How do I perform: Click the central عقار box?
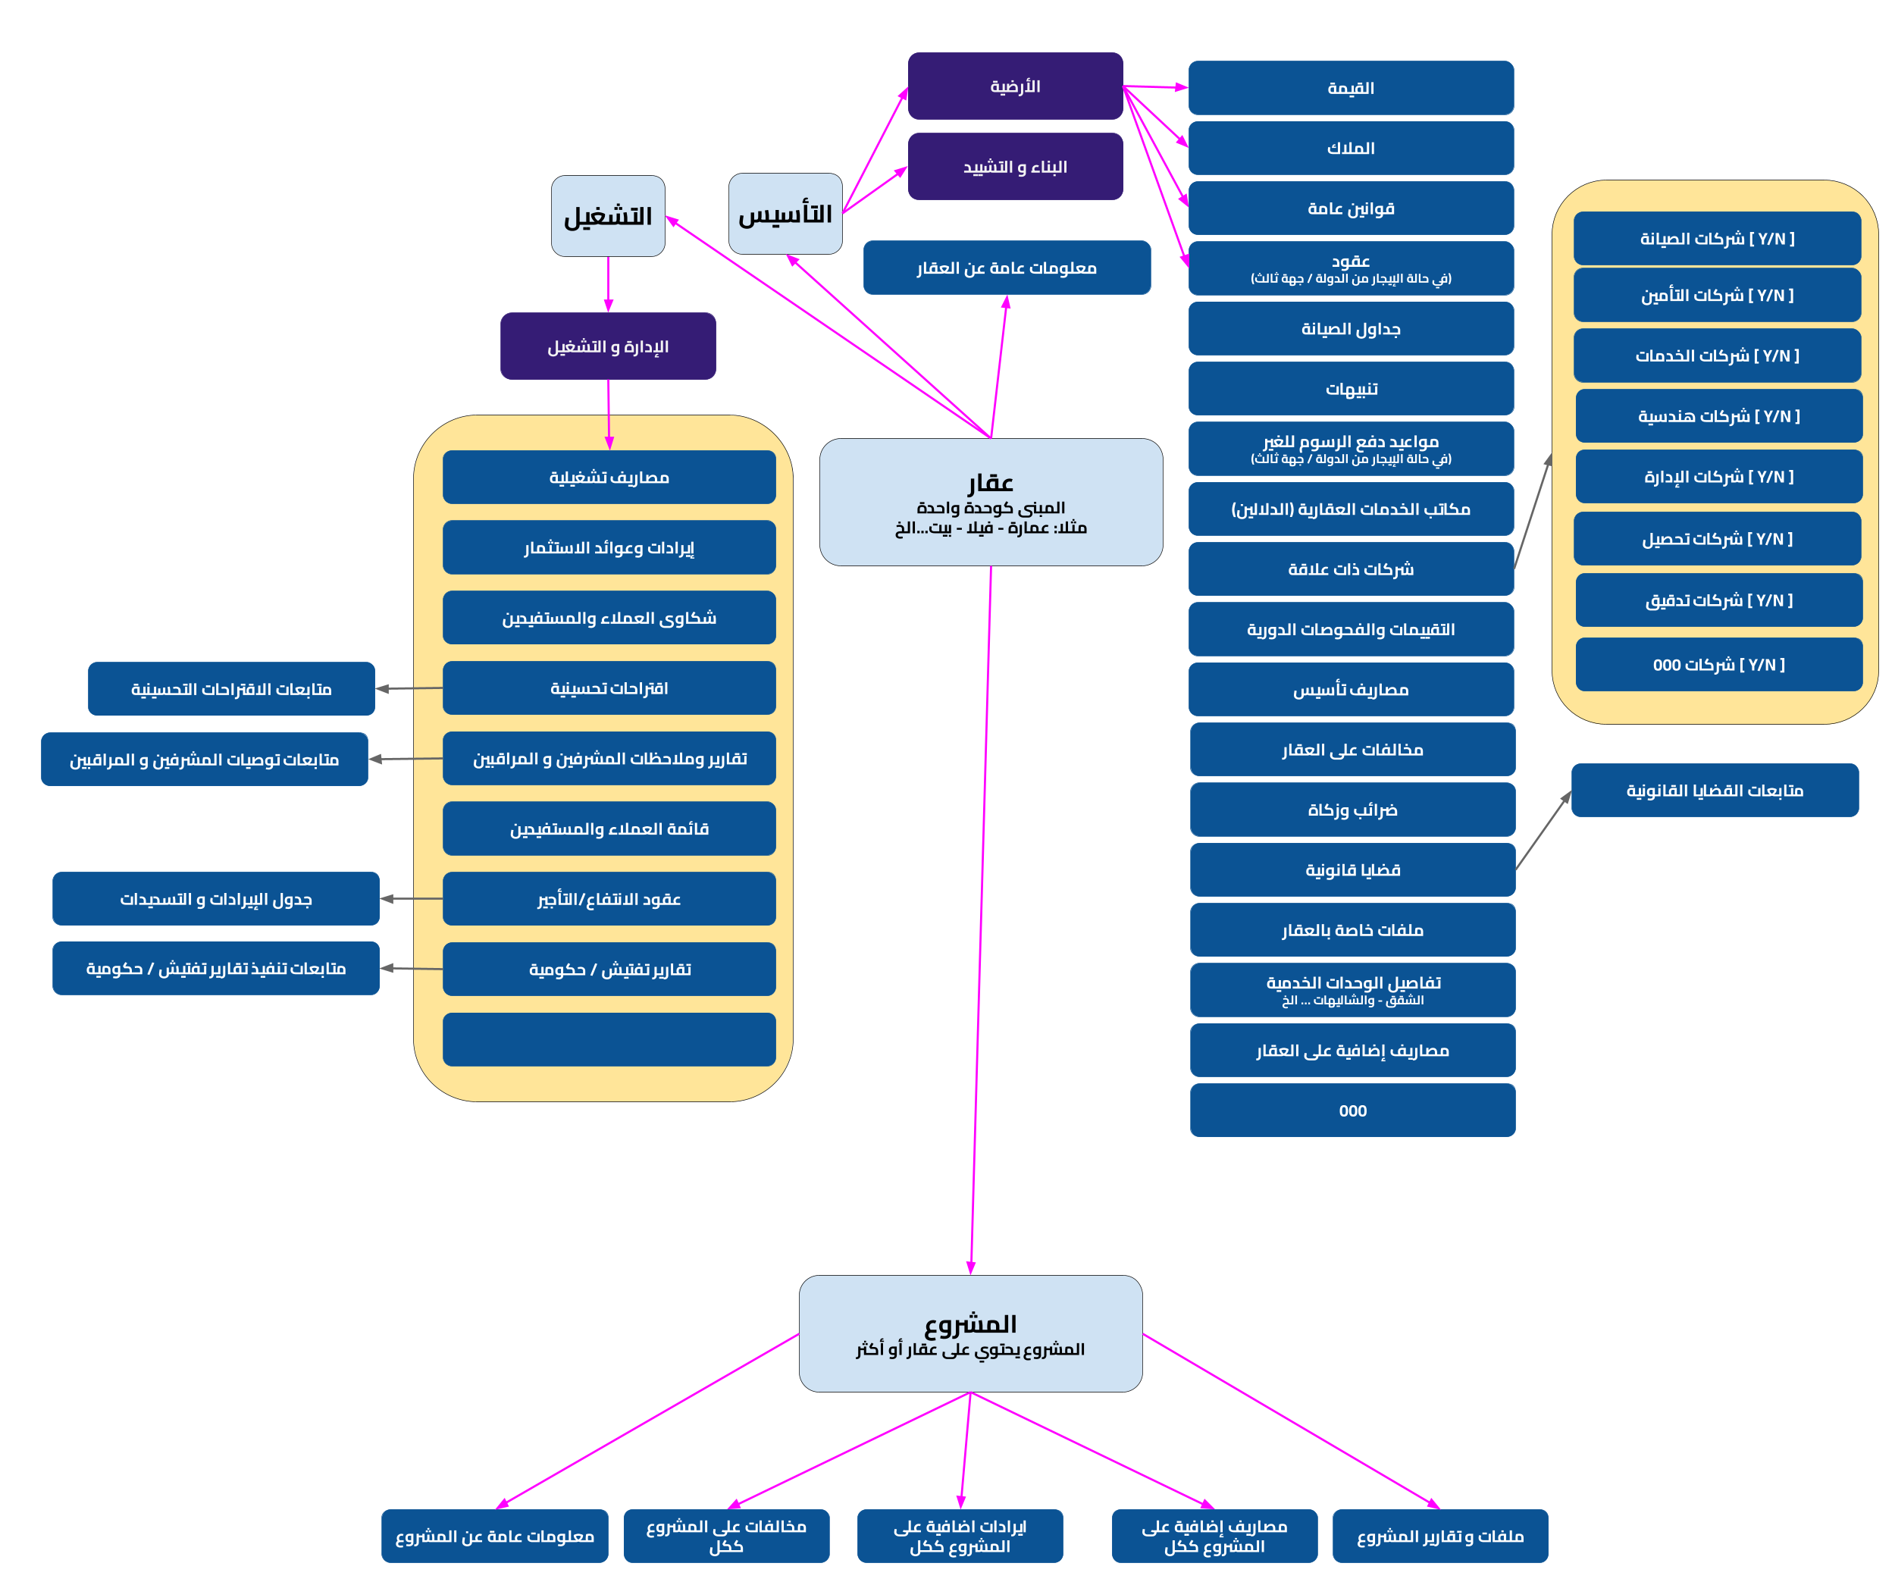[x=990, y=502]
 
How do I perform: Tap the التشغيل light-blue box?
[x=607, y=216]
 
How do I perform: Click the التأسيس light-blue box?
[x=785, y=214]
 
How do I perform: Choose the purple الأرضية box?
[x=1014, y=86]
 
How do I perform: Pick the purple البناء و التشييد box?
[x=1014, y=166]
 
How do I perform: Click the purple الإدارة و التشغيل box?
[x=607, y=346]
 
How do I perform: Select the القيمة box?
[x=1350, y=87]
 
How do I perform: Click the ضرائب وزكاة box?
[x=1352, y=810]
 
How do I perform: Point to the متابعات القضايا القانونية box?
[x=1714, y=790]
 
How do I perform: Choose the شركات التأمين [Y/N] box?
[x=1716, y=295]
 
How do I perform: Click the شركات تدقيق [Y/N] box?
[x=1718, y=600]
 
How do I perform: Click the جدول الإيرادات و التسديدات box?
[x=216, y=898]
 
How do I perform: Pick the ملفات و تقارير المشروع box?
[x=1439, y=1535]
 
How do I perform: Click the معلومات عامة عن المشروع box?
[x=494, y=1535]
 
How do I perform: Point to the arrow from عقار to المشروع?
[x=981, y=903]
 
